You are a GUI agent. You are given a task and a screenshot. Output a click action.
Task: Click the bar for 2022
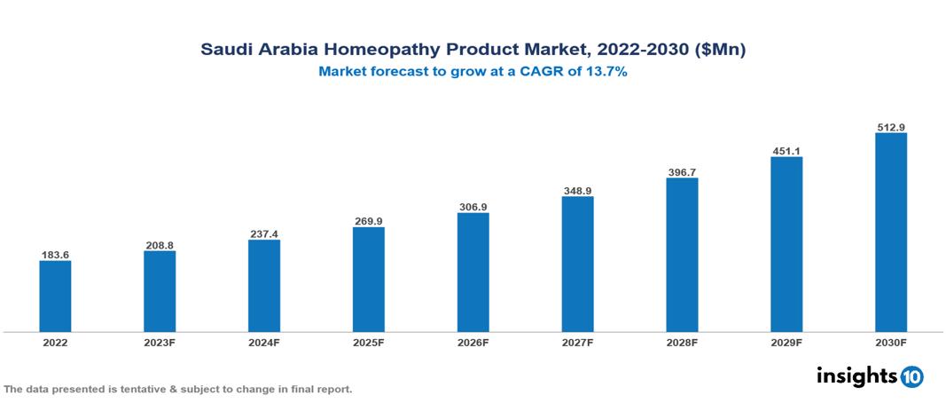pyautogui.click(x=55, y=296)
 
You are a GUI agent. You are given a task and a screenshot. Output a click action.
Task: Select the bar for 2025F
pyautogui.click(x=368, y=279)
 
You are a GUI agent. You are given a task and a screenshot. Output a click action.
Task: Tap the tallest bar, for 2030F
pyautogui.click(x=890, y=233)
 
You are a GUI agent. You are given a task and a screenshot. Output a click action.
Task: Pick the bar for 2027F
pyautogui.click(x=577, y=264)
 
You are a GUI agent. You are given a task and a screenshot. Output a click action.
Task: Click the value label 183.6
pyautogui.click(x=55, y=255)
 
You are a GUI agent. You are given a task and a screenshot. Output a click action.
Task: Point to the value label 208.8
pyautogui.click(x=160, y=245)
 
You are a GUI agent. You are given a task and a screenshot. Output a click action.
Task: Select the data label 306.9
pyautogui.click(x=473, y=207)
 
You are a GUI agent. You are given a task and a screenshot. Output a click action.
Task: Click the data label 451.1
pyautogui.click(x=786, y=151)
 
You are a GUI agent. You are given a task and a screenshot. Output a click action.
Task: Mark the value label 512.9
pyautogui.click(x=890, y=128)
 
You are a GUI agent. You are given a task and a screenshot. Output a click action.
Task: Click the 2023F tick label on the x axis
pyautogui.click(x=160, y=343)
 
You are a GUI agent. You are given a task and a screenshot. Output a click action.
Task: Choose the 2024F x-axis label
pyautogui.click(x=264, y=343)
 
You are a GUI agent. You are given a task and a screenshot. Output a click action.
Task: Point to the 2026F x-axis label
pyautogui.click(x=473, y=343)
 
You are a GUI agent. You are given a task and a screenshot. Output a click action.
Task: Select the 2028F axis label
pyautogui.click(x=682, y=343)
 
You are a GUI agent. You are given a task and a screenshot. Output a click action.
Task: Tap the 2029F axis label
pyautogui.click(x=786, y=343)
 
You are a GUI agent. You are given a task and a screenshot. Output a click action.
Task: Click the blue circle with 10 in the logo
pyautogui.click(x=911, y=376)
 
